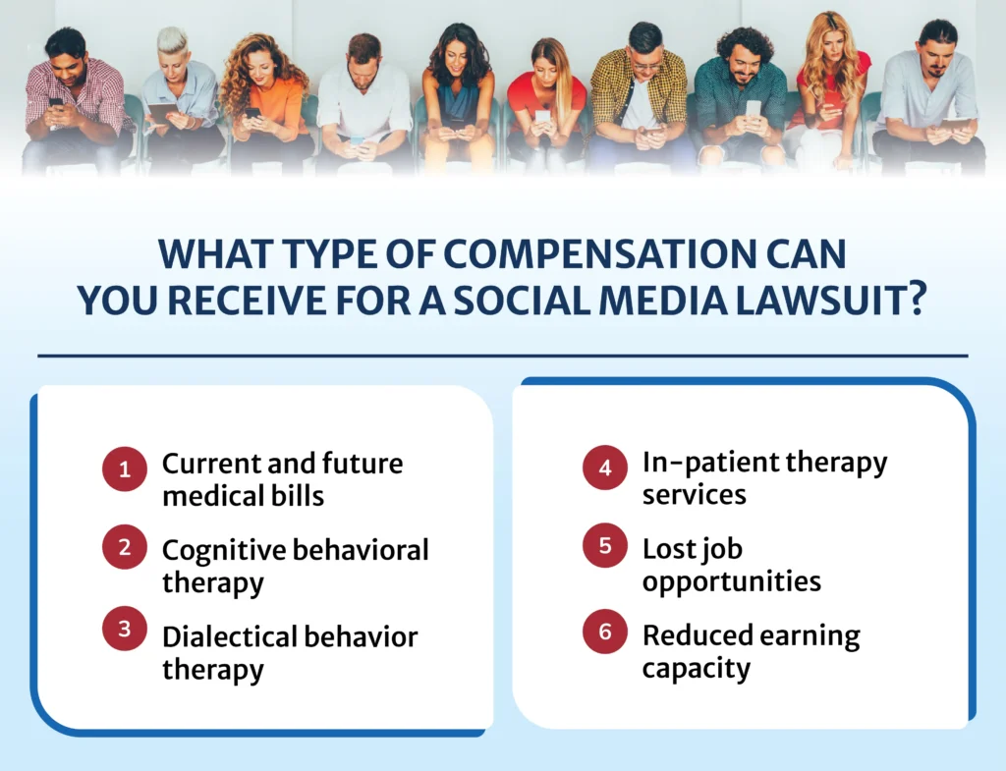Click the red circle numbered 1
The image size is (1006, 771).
[x=125, y=469]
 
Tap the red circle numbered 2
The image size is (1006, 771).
[x=125, y=548]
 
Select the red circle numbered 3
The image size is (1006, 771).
[x=125, y=631]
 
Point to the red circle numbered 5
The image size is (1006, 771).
[x=605, y=548]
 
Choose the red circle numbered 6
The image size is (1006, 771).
[x=605, y=632]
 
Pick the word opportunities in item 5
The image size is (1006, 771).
[x=731, y=580]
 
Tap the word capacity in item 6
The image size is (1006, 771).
[x=697, y=669]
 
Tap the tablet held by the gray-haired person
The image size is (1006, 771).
[x=162, y=113]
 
